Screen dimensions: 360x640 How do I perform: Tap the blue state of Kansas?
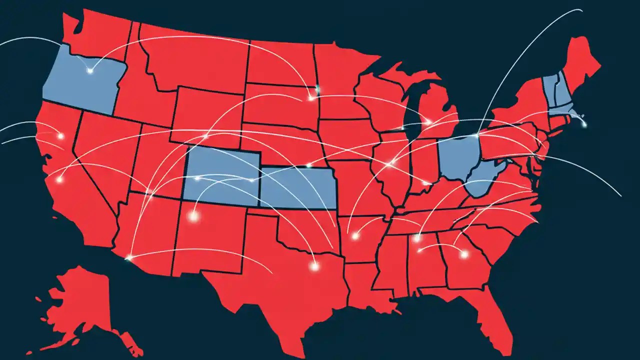tap(297, 189)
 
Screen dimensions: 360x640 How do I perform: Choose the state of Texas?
tap(270, 280)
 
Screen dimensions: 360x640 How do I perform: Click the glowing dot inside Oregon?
tap(90, 70)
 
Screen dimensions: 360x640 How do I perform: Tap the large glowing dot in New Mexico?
tap(193, 216)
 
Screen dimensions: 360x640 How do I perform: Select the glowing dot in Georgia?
tap(464, 254)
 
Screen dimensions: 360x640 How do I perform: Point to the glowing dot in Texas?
tap(314, 266)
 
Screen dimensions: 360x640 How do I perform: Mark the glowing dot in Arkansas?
tap(355, 235)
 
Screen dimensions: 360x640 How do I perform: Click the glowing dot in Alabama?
tap(416, 238)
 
